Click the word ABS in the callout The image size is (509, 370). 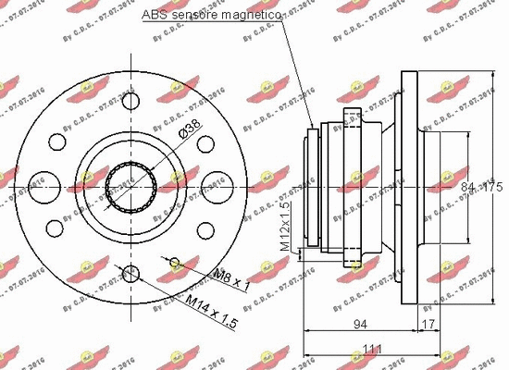pyautogui.click(x=155, y=17)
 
